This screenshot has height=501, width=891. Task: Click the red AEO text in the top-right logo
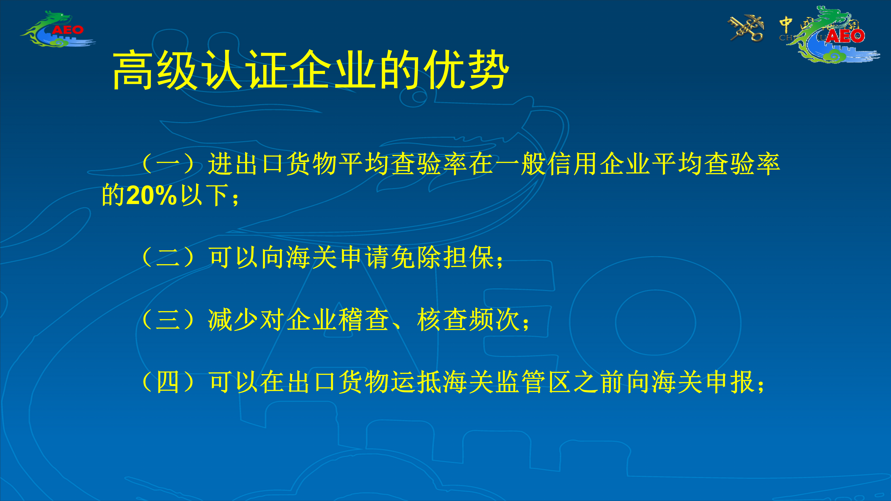845,36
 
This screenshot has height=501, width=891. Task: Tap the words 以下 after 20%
204,195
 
